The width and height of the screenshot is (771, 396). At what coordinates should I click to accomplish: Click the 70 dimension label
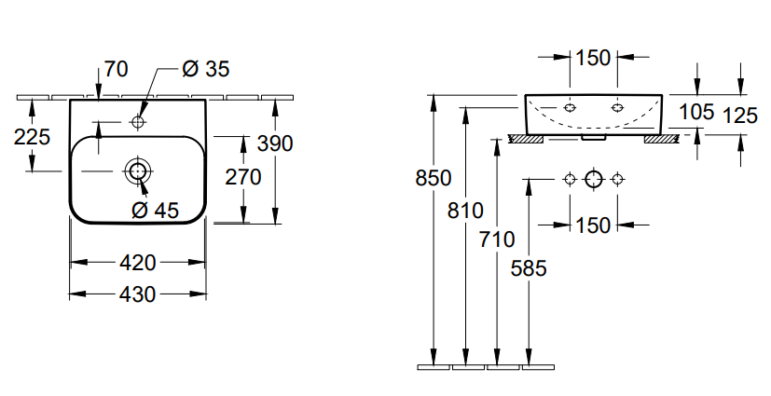(117, 69)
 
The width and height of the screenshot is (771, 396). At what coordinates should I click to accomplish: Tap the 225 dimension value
(33, 136)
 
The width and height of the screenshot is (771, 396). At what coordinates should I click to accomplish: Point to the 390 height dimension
(275, 143)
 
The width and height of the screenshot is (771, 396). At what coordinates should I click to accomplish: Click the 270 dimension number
(242, 176)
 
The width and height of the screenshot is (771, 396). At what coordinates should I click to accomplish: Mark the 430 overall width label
(137, 294)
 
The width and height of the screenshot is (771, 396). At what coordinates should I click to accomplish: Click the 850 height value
(434, 178)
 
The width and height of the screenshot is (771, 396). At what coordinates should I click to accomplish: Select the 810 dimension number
(465, 211)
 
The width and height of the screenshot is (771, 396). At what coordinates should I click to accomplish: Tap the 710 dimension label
(497, 239)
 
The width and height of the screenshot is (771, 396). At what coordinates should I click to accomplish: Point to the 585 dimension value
(529, 268)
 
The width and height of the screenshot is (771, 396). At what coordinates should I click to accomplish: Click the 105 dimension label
(696, 112)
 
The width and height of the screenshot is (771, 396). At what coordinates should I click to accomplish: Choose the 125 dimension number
(740, 115)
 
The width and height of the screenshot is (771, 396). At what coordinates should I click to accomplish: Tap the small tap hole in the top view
(138, 121)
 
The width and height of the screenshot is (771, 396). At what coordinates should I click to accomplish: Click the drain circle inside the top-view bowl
(138, 171)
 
